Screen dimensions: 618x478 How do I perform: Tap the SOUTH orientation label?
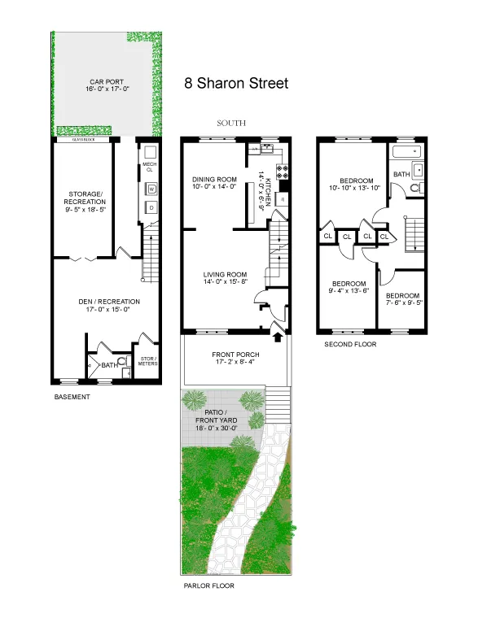[x=231, y=124]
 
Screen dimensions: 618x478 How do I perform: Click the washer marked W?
[x=150, y=189]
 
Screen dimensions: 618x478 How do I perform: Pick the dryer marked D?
[x=150, y=207]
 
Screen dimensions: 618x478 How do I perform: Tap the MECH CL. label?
[x=149, y=168]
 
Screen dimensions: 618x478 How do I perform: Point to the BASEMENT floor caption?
[x=72, y=397]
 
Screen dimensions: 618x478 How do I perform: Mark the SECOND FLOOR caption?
[x=350, y=344]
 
